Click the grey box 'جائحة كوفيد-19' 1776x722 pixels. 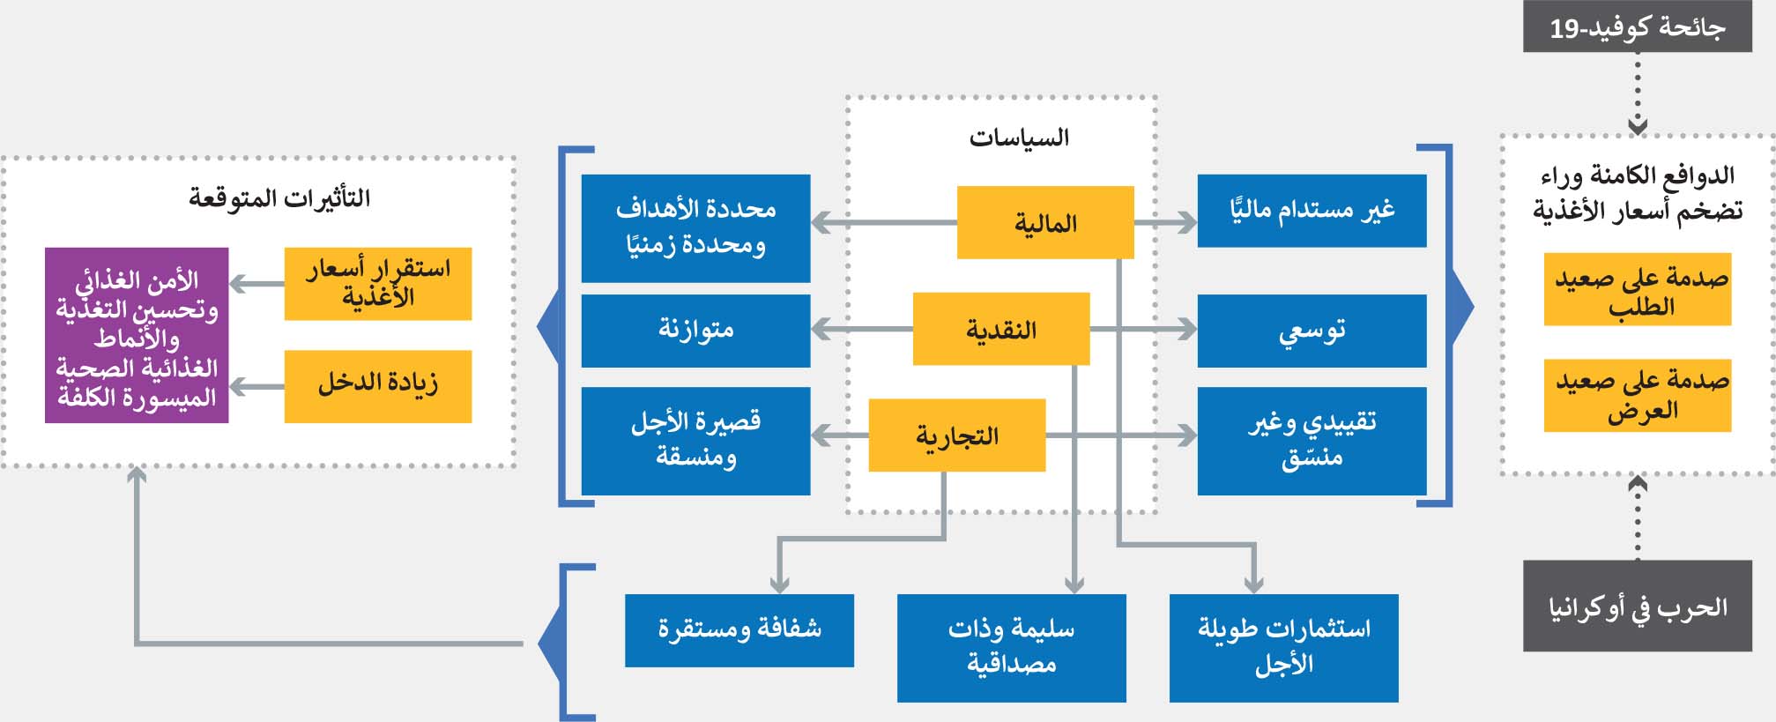1637,27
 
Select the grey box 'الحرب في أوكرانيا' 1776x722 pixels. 1637,607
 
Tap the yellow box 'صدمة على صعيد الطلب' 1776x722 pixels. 1637,290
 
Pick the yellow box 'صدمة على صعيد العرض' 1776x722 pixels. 1637,396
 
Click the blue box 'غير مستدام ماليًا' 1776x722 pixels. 1311,211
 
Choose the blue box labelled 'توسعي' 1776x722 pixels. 1311,331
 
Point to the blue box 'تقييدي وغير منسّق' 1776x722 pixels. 1311,441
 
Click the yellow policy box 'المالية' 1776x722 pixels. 1044,222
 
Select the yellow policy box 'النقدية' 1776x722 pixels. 1000,329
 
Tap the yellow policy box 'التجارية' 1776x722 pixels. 956,435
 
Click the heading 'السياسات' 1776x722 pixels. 1019,138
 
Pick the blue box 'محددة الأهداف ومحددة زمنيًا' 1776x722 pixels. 695,228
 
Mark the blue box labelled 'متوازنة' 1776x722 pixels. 695,331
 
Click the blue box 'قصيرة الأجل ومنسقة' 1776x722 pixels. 695,441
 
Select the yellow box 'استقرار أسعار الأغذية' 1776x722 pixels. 377,284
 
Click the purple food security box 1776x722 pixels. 137,336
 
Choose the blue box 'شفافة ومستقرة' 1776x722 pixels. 739,630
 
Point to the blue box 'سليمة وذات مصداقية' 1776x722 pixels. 1011,648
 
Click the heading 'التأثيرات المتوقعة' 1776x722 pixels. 279,197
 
